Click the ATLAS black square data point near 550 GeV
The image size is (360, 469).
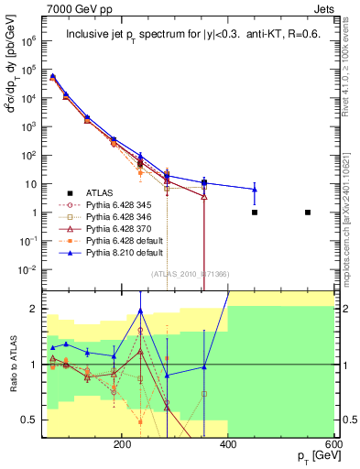tap(308, 213)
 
